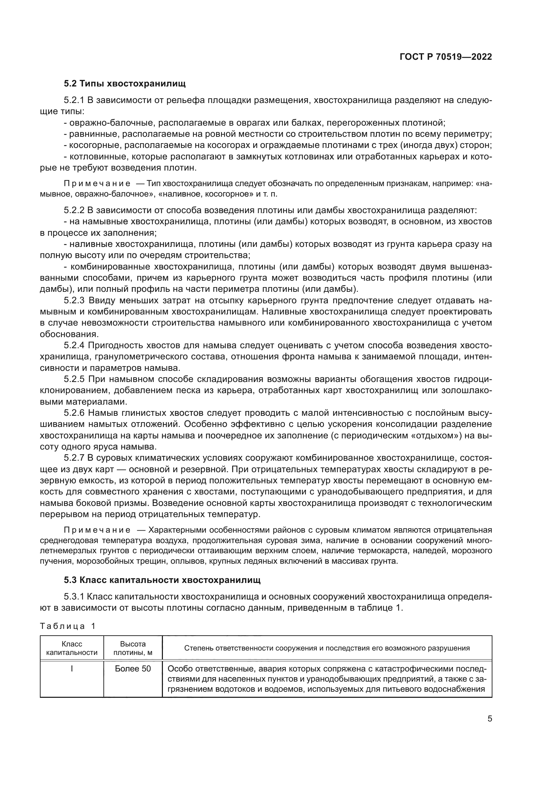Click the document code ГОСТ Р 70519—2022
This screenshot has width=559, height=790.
point(446,57)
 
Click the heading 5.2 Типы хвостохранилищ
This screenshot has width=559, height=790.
point(125,84)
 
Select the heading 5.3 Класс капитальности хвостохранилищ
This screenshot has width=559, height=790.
point(162,580)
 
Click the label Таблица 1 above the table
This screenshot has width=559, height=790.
point(68,626)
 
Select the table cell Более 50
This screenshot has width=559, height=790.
point(133,668)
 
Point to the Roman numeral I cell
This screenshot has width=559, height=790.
point(72,668)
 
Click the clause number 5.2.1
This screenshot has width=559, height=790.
point(74,100)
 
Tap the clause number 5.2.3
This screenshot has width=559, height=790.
point(74,300)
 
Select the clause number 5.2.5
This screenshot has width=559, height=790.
point(74,379)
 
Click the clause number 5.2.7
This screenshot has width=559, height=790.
point(74,458)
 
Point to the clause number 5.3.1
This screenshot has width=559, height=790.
point(74,596)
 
